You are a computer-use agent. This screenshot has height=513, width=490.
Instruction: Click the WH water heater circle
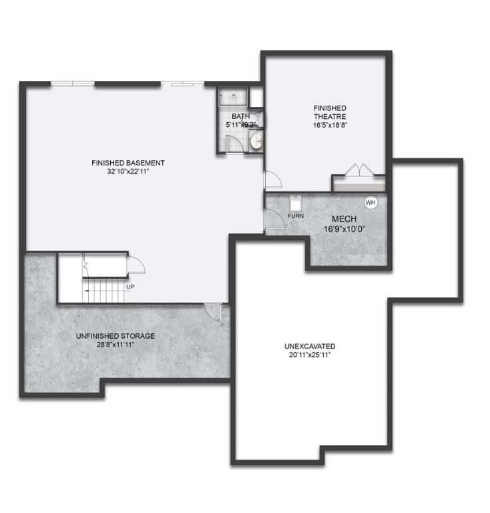pyautogui.click(x=370, y=202)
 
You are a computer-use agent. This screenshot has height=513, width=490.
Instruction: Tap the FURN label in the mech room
pyautogui.click(x=296, y=216)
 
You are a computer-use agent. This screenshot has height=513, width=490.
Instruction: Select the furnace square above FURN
pyautogui.click(x=296, y=202)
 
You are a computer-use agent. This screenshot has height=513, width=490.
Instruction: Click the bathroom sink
pyautogui.click(x=256, y=141)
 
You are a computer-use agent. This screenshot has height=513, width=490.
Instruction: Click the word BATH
pyautogui.click(x=241, y=116)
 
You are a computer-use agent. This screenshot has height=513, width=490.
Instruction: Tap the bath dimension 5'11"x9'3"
pyautogui.click(x=241, y=124)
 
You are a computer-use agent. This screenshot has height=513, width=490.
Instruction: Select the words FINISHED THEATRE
pyautogui.click(x=330, y=112)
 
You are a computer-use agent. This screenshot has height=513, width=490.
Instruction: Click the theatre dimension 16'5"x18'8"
pyautogui.click(x=330, y=125)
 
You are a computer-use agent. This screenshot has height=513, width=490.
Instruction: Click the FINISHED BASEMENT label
pyautogui.click(x=128, y=162)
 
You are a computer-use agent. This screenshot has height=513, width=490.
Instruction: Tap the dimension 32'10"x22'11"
pyautogui.click(x=128, y=172)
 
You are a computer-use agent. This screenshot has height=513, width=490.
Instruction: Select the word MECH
pyautogui.click(x=344, y=219)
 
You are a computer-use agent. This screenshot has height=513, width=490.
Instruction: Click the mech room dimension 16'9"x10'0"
pyautogui.click(x=344, y=228)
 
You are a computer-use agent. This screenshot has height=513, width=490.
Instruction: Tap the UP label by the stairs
pyautogui.click(x=130, y=287)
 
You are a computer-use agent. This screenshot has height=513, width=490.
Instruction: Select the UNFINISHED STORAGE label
pyautogui.click(x=115, y=336)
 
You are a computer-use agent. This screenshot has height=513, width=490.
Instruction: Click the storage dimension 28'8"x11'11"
pyautogui.click(x=115, y=345)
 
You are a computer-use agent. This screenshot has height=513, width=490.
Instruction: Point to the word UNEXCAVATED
pyautogui.click(x=309, y=346)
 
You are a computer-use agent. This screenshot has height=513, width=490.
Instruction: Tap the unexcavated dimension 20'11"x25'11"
pyautogui.click(x=309, y=355)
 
